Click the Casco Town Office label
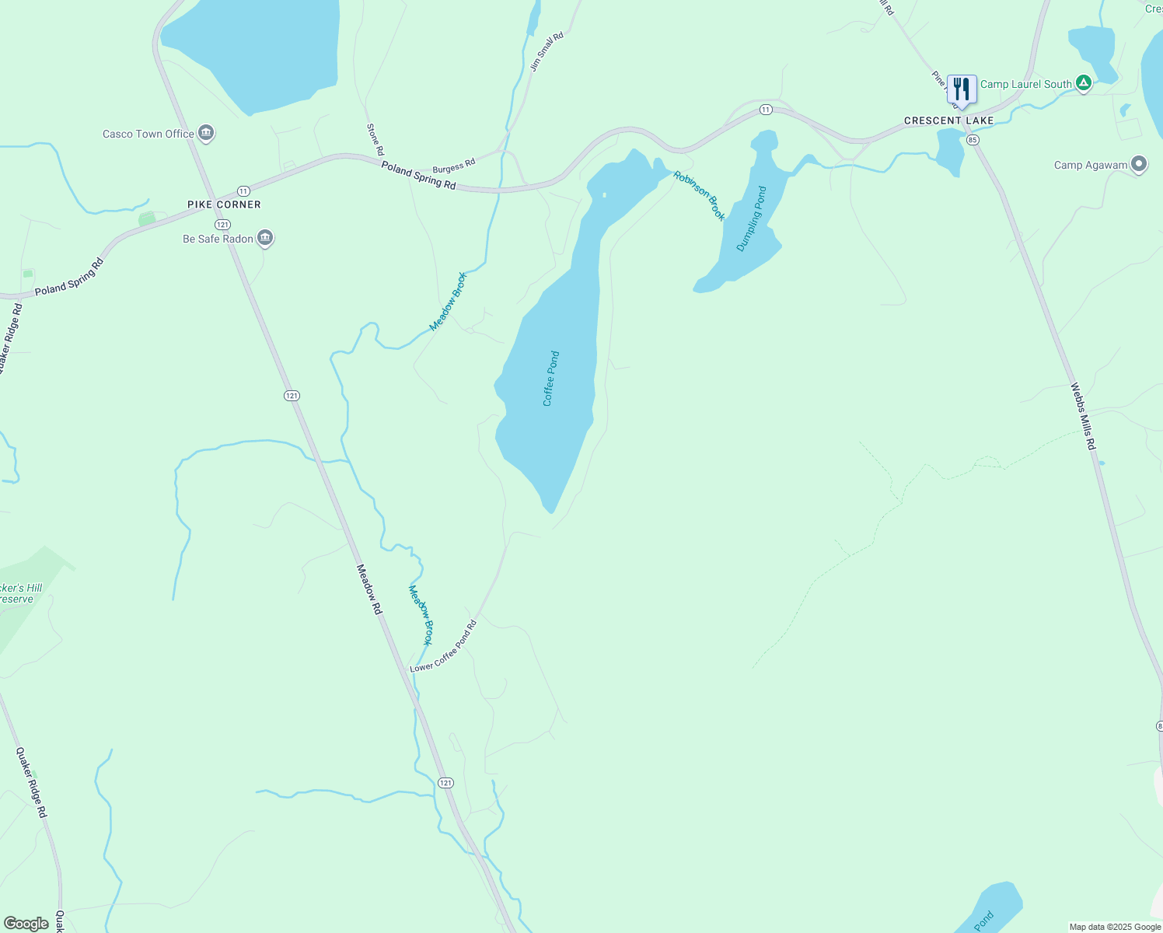tap(148, 134)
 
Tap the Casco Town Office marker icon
tap(206, 133)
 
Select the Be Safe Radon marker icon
tap(265, 238)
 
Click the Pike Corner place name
tap(224, 204)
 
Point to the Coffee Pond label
tap(551, 379)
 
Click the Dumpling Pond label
tap(752, 218)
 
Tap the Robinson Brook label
tap(700, 196)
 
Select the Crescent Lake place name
tap(948, 121)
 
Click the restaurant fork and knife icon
tap(962, 89)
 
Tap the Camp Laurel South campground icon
tap(1084, 83)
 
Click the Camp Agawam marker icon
tap(1139, 164)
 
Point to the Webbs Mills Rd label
tap(1083, 416)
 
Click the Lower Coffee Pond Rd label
tap(443, 647)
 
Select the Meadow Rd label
tap(369, 589)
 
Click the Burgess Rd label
tap(453, 166)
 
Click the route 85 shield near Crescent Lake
tap(973, 140)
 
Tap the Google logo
tap(26, 924)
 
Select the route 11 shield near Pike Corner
tap(243, 190)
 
